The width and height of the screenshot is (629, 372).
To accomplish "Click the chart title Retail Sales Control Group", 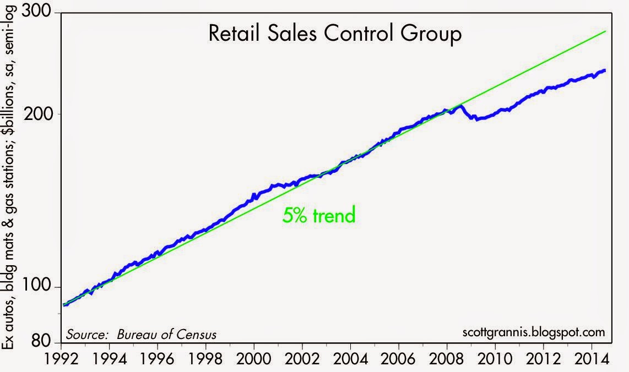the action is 335,34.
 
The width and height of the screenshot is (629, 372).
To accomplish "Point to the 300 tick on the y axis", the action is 36,11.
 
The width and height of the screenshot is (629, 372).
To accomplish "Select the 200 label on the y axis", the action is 38,114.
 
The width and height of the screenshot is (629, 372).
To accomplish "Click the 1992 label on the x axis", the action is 61,358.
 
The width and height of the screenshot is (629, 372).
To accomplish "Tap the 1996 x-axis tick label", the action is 157,358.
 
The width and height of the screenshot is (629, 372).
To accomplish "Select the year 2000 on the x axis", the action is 254,358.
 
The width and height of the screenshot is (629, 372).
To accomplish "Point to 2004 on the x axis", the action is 351,358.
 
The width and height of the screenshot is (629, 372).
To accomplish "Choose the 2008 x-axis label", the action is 447,358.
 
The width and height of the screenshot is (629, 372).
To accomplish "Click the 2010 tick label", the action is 495,358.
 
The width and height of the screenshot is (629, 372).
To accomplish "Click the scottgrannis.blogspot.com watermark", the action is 534,332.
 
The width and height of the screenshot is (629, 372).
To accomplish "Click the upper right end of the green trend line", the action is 605,31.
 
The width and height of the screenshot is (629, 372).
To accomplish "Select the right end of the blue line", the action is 605,70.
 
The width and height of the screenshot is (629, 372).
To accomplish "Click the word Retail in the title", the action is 234,34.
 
